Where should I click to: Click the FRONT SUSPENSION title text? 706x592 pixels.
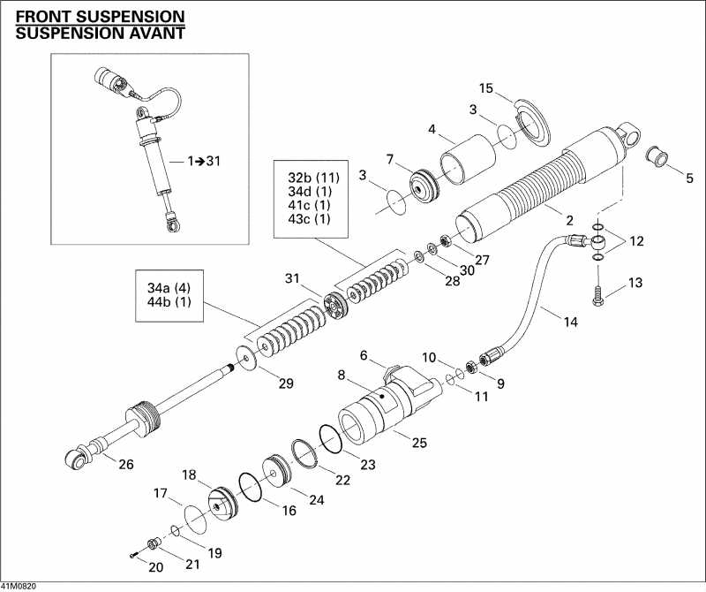coord(100,17)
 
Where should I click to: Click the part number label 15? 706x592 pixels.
coord(485,87)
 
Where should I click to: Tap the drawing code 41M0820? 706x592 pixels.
coord(19,586)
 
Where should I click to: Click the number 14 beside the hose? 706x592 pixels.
coord(570,323)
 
